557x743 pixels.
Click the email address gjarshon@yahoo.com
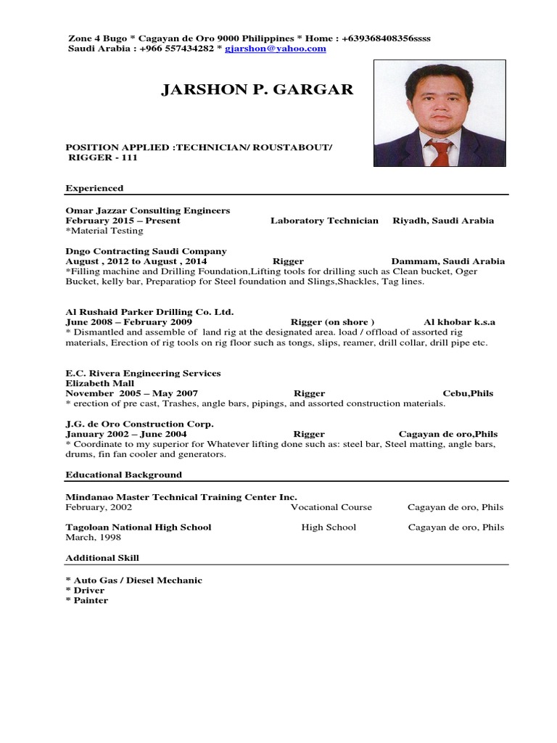(x=275, y=49)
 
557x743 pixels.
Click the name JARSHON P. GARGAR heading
(x=257, y=90)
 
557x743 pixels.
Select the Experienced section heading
(x=94, y=188)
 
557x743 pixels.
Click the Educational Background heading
(x=123, y=475)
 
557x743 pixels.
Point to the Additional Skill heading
(x=102, y=558)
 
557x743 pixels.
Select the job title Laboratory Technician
(x=324, y=221)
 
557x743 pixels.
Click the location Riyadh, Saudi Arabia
(x=443, y=221)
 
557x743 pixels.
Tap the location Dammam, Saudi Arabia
(x=447, y=261)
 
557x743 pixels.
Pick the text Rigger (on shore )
(x=332, y=322)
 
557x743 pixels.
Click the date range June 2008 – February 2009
(x=128, y=322)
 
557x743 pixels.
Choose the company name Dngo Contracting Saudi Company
(x=146, y=251)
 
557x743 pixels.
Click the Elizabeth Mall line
(x=99, y=383)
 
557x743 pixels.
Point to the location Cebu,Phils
(x=468, y=393)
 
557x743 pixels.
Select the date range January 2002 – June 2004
(x=125, y=434)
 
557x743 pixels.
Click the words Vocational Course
(x=331, y=507)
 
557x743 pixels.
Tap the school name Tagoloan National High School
(x=138, y=528)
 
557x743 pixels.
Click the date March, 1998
(x=93, y=538)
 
